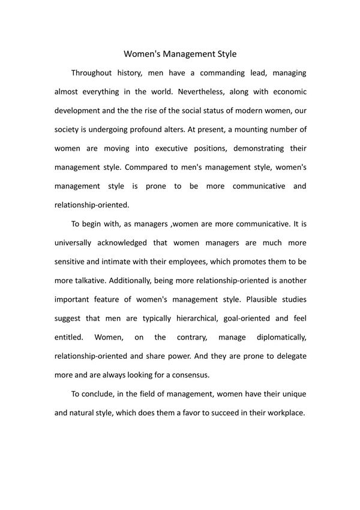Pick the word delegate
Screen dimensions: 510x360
[x=290, y=355]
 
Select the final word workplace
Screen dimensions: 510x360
[x=282, y=413]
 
